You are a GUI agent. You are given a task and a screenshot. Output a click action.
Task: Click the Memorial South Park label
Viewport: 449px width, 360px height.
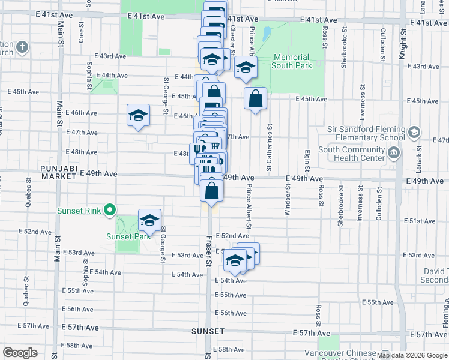click(292, 61)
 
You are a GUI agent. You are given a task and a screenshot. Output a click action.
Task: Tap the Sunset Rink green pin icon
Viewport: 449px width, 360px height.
click(109, 210)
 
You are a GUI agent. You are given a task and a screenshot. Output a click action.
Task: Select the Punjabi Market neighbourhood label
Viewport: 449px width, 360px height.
click(59, 172)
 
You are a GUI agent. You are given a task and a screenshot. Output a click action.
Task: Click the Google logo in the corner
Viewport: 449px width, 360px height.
click(20, 352)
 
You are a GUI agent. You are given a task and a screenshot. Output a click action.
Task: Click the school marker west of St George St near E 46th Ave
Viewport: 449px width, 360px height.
click(138, 115)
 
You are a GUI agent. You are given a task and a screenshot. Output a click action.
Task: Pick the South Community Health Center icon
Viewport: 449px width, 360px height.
click(394, 154)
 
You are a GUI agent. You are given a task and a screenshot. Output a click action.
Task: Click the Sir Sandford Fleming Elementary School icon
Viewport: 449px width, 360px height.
click(414, 133)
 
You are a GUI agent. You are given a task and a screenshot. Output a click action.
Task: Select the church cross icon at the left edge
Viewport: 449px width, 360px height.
click(22, 47)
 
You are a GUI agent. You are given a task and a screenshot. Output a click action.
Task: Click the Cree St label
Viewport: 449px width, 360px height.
click(81, 33)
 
